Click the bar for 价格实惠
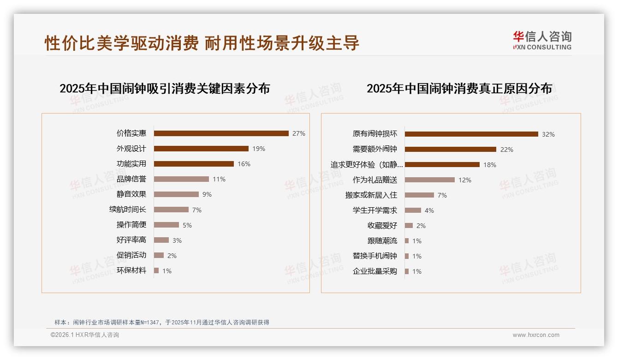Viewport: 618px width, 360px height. [x=221, y=133]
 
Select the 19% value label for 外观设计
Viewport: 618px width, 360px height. [x=258, y=149]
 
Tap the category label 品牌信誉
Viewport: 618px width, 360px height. [x=131, y=179]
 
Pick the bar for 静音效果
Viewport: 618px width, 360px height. [x=176, y=194]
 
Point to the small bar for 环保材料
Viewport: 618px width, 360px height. [x=156, y=270]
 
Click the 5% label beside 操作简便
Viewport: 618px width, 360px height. [x=187, y=225]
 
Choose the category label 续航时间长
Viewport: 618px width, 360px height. [x=128, y=210]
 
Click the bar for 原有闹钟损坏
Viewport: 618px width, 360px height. [x=471, y=134]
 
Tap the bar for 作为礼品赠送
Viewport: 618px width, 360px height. [x=430, y=180]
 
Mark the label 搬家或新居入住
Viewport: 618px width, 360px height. [x=371, y=195]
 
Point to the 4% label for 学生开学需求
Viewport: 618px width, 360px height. [x=429, y=210]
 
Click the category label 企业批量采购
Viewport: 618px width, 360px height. [x=374, y=271]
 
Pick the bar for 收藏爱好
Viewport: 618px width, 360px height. [x=409, y=226]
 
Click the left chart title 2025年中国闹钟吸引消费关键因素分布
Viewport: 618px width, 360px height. [x=165, y=88]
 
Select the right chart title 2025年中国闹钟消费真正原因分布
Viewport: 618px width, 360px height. [x=459, y=88]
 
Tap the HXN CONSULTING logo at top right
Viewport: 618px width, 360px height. [x=542, y=41]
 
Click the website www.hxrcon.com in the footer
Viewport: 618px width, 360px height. [x=536, y=335]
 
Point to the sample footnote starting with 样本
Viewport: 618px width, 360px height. [x=161, y=323]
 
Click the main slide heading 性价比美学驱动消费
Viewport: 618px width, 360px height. [x=122, y=43]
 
